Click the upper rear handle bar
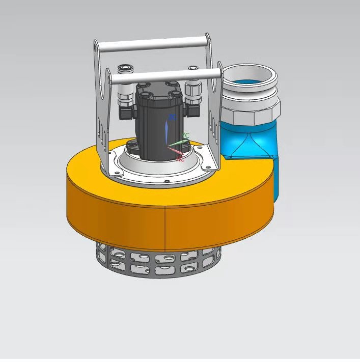pyautogui.click(x=153, y=44)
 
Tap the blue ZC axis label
pyautogui.click(x=172, y=118)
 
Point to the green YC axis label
pyautogui.click(x=186, y=135)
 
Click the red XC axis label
pyautogui.click(x=180, y=159)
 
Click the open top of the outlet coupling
pyautogui.click(x=250, y=77)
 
